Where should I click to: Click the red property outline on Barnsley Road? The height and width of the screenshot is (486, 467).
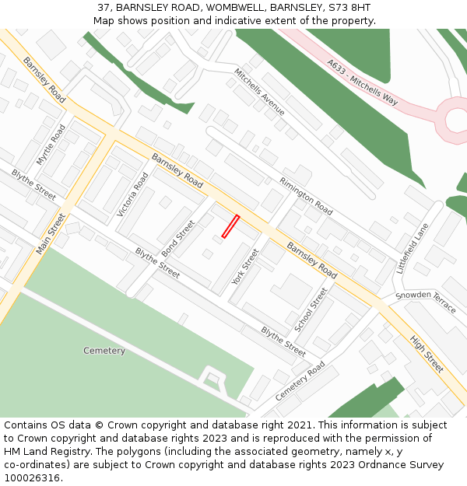coord(230,226)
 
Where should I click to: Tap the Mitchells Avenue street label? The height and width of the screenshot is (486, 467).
coord(260,92)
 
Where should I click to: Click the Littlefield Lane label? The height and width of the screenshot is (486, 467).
coord(413,248)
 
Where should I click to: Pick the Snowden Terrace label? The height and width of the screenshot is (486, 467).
coord(426,302)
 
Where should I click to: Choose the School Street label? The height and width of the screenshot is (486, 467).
coord(311,309)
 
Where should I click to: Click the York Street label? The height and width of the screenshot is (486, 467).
coord(244,267)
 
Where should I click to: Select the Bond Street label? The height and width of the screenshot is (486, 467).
coord(178,239)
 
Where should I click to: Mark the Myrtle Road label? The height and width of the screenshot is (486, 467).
coord(51,145)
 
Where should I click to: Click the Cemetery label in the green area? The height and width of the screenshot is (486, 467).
coord(104,351)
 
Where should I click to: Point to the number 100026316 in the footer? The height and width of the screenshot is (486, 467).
coord(33,477)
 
